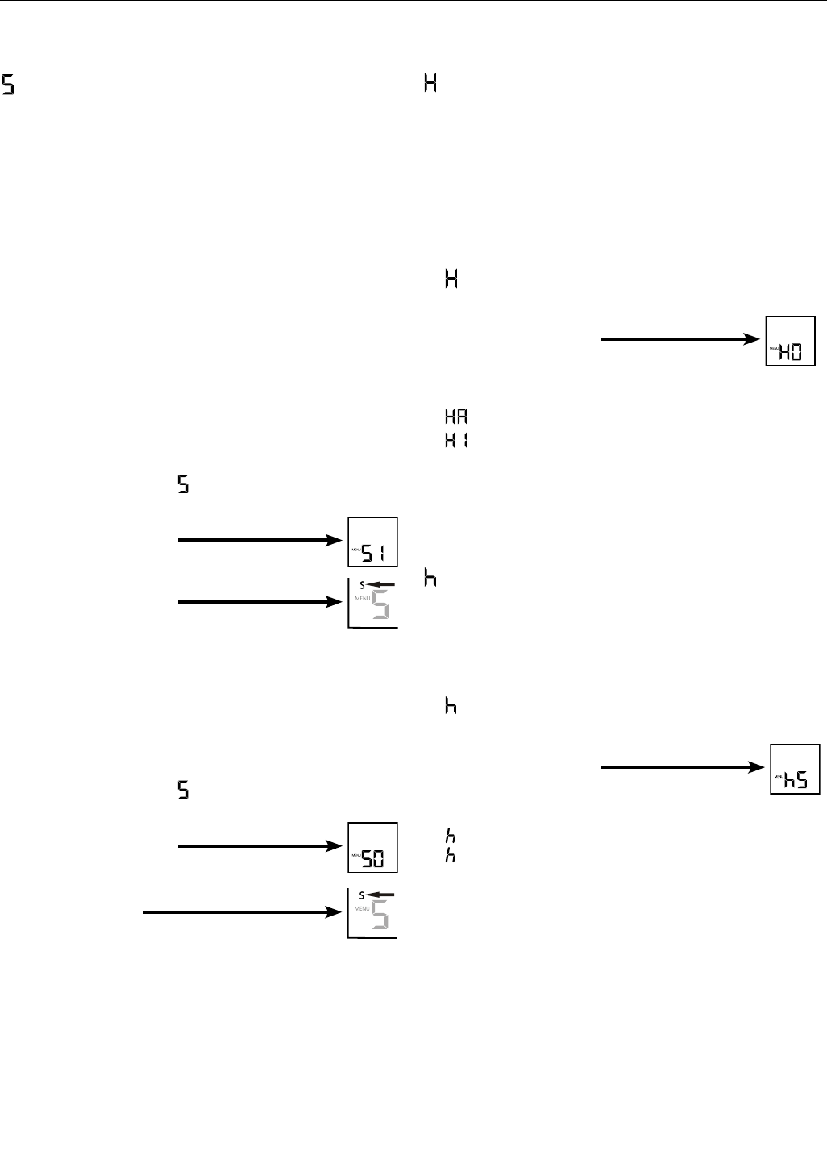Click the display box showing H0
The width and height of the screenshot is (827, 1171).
pyautogui.click(x=790, y=341)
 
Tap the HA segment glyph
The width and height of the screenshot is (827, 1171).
pyautogui.click(x=455, y=417)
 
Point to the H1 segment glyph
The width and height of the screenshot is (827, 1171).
pyautogui.click(x=455, y=441)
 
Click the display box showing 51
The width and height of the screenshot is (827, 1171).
pyautogui.click(x=372, y=542)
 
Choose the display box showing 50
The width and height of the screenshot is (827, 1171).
pyautogui.click(x=372, y=847)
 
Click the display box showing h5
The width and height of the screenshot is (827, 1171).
pyautogui.click(x=795, y=769)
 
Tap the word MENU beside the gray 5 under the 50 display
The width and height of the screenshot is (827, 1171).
pyautogui.click(x=360, y=909)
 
